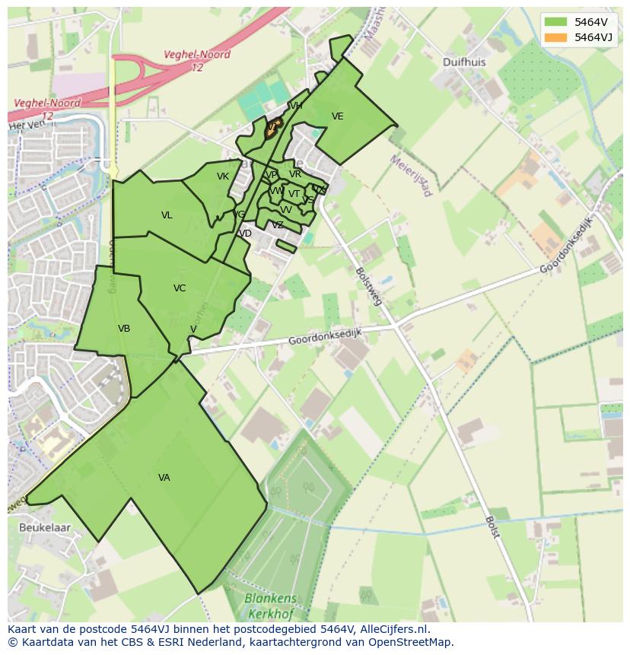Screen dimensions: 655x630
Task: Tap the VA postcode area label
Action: point(164,478)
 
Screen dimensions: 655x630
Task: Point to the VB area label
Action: point(124,329)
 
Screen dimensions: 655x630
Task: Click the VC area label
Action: point(180,288)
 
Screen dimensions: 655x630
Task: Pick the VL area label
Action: point(167,215)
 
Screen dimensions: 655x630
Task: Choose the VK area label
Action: point(222,176)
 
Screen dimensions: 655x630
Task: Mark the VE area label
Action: point(337,116)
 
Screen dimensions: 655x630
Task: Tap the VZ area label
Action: point(278,225)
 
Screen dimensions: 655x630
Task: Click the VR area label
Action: point(295,174)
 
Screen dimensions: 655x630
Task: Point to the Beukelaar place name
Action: point(45,527)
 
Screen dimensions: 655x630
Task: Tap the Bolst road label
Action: point(492,526)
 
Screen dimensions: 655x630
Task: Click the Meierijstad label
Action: point(411,176)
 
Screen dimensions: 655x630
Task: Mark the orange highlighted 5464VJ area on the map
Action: point(272,130)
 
